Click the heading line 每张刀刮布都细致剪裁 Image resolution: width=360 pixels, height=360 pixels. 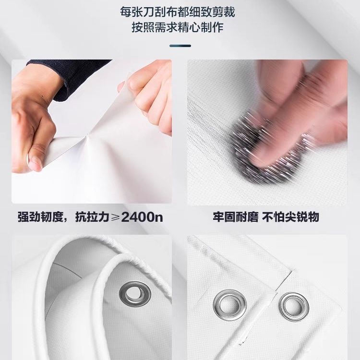pos(180,10)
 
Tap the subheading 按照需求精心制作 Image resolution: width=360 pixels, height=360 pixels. pos(180,27)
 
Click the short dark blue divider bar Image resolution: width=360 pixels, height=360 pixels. pos(180,46)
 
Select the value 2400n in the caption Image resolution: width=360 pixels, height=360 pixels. pos(143,217)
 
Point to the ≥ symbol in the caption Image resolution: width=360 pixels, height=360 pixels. pos(116,217)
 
